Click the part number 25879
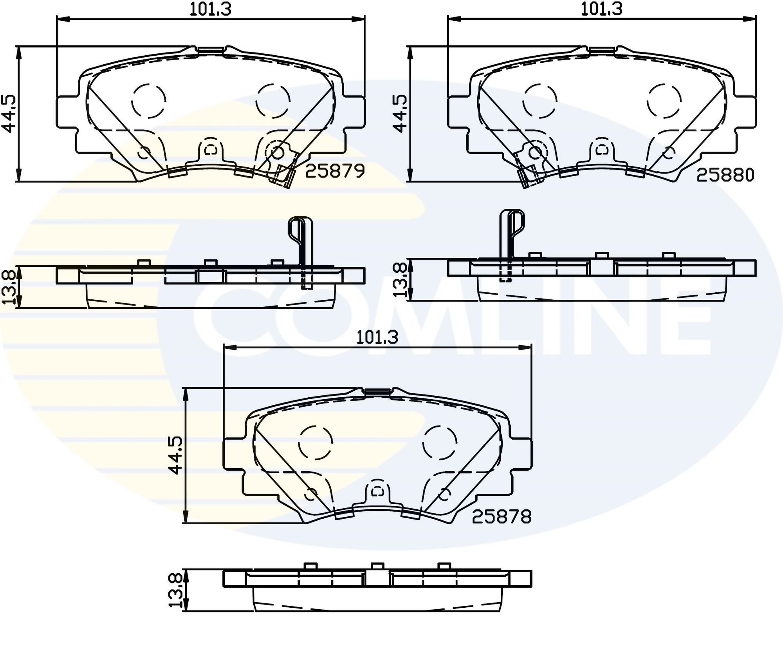pyautogui.click(x=335, y=171)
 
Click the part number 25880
pyautogui.click(x=725, y=175)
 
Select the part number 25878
pyautogui.click(x=502, y=517)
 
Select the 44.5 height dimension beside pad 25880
pyautogui.click(x=400, y=114)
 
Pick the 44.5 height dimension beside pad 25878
pyautogui.click(x=175, y=455)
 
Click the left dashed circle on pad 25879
pyautogui.click(x=148, y=101)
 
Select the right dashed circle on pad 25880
pyautogui.click(x=664, y=101)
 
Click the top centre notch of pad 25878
pyautogui.click(x=377, y=391)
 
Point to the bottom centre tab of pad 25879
pyautogui.click(x=211, y=150)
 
